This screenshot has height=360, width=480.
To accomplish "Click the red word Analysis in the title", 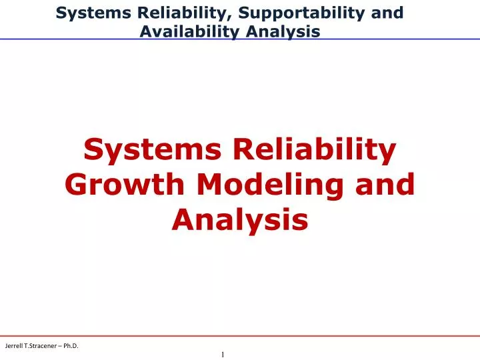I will tap(240, 219).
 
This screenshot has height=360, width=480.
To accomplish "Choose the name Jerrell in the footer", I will tap(15, 345).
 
